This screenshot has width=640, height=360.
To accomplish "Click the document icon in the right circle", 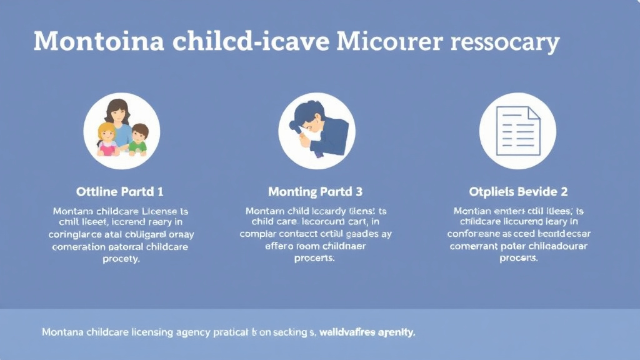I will [517, 131].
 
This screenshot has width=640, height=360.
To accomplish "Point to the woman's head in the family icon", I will [117, 112].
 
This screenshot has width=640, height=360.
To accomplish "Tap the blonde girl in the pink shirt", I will [106, 139].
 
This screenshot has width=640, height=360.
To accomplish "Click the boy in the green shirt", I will [138, 139].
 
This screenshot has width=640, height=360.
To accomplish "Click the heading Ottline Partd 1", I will [120, 191].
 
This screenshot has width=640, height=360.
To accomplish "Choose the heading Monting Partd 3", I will [315, 191].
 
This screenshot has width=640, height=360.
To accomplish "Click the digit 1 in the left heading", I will [161, 191].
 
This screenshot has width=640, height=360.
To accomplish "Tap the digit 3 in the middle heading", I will [359, 191].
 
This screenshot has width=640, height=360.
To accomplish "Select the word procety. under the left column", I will [121, 259].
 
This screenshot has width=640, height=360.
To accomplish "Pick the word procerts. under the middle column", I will [315, 259].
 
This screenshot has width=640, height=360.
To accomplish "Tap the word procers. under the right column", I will [519, 259].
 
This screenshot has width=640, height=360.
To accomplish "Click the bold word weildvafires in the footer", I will [348, 332].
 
